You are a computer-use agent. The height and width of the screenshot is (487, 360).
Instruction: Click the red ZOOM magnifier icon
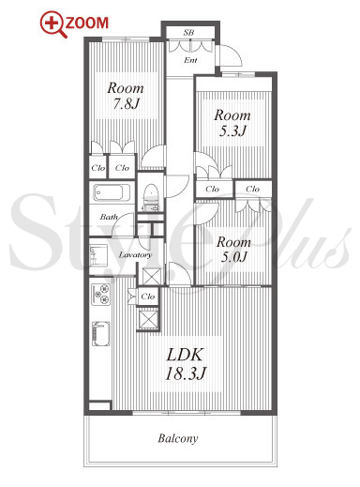point(52,23)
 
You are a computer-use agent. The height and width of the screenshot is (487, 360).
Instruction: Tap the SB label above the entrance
point(188,32)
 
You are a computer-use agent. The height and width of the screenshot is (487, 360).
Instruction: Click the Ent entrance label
point(190,60)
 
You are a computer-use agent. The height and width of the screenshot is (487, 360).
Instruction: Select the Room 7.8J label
point(126,96)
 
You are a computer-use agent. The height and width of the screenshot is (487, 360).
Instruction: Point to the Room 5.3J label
point(232,123)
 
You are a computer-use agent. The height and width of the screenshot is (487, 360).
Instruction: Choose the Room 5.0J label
point(233,250)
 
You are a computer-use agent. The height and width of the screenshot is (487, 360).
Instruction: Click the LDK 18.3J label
point(186,364)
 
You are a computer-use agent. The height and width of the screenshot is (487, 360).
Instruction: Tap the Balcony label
point(178,438)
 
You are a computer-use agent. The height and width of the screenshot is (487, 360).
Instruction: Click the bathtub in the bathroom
point(112,192)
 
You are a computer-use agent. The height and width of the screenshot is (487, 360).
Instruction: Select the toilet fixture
point(151,196)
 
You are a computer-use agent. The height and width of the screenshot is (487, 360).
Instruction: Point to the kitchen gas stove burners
point(101,295)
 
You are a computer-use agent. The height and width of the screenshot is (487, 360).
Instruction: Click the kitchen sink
point(101,334)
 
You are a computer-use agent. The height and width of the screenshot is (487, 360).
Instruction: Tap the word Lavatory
point(135,255)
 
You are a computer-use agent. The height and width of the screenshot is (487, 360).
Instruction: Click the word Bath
point(109,217)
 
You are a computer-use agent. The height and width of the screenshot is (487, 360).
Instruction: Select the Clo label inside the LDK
point(148,296)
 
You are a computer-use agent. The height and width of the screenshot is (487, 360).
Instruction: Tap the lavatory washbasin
point(98,255)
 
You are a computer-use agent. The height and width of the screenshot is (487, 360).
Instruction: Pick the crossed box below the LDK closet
point(148,318)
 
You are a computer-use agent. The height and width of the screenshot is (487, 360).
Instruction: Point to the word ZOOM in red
point(86,23)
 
